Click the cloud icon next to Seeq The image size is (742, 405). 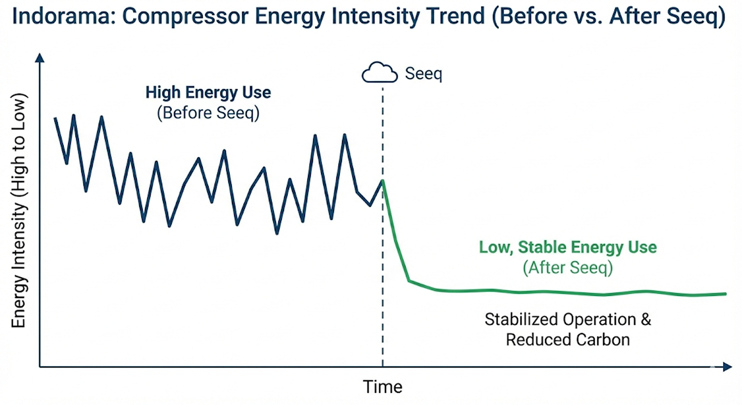(379, 72)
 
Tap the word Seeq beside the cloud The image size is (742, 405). (424, 74)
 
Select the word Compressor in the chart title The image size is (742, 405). (185, 17)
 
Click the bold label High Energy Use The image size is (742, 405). (208, 92)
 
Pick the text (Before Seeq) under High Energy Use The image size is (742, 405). (208, 113)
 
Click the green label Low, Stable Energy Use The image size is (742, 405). (568, 248)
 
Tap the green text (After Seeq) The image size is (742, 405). (568, 268)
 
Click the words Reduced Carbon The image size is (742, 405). (568, 340)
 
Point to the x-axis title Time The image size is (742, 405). (382, 387)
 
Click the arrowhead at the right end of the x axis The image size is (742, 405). (727, 366)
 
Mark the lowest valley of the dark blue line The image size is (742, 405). (277, 234)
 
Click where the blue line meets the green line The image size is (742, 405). (382, 181)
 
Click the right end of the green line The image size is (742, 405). (726, 294)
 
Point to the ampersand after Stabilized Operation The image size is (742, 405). (646, 320)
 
